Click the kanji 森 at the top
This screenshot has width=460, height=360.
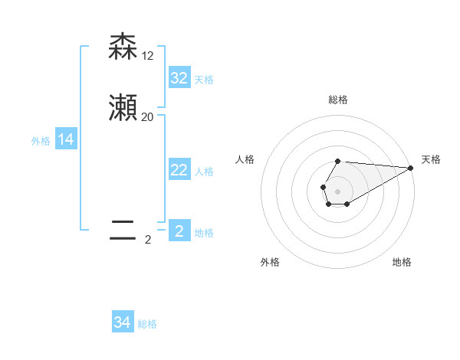click(x=123, y=47)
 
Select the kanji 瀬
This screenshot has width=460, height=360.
click(x=123, y=109)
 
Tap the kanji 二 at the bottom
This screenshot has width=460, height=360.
click(x=123, y=231)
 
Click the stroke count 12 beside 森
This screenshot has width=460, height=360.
click(x=148, y=56)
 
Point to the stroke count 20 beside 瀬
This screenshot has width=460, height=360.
click(x=148, y=117)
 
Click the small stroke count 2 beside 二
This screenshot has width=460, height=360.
click(x=148, y=240)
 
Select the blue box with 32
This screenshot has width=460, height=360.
click(x=179, y=78)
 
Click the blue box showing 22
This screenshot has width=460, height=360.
click(x=179, y=170)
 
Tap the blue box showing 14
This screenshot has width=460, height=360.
click(x=66, y=139)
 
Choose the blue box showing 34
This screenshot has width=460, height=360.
click(x=123, y=322)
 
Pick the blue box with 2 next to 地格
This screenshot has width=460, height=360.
click(x=179, y=231)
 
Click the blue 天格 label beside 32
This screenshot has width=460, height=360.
click(x=204, y=80)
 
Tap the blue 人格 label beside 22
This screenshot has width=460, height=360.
click(x=204, y=172)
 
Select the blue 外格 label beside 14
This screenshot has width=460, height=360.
click(x=41, y=141)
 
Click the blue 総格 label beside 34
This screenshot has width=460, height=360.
click(x=147, y=324)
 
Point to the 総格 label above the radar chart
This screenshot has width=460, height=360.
click(x=338, y=100)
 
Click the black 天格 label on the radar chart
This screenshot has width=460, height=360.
click(x=431, y=159)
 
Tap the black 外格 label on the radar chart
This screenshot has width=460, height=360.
click(x=270, y=262)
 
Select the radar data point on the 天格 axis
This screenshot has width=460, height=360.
click(x=411, y=168)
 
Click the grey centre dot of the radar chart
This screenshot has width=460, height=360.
click(x=338, y=191)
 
